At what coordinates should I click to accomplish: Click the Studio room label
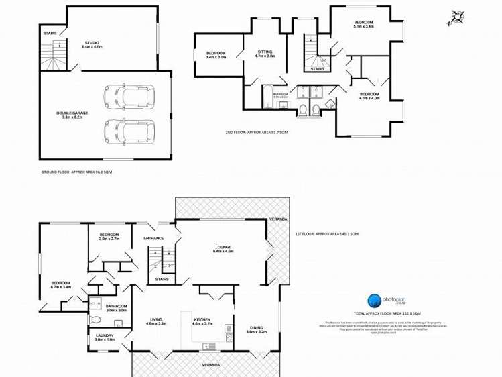click(x=90, y=45)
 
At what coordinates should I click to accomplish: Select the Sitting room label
click(x=265, y=54)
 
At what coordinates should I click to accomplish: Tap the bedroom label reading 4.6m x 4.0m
click(x=369, y=96)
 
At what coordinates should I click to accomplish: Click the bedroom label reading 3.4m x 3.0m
click(x=216, y=56)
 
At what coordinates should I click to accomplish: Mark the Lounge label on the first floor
click(x=223, y=249)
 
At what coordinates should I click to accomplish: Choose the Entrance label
click(x=153, y=238)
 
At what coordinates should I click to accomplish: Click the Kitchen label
click(x=202, y=321)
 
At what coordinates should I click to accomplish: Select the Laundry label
click(x=105, y=337)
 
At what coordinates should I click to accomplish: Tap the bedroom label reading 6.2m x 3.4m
click(x=61, y=286)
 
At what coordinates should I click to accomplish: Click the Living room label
click(x=157, y=321)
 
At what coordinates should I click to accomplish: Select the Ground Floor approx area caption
click(x=76, y=172)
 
